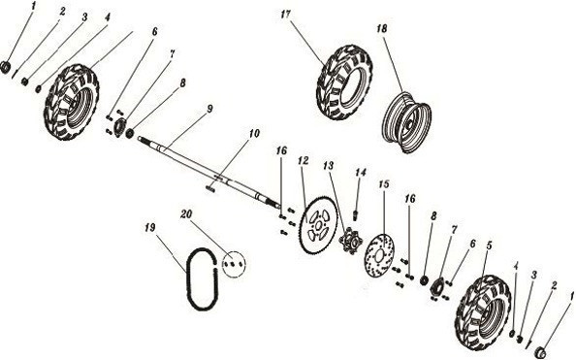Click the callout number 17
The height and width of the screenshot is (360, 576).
click(x=285, y=16)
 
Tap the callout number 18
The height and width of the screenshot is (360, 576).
click(x=382, y=30)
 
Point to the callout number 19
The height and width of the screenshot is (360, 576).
click(x=149, y=228)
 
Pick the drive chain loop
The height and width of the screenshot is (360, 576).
click(x=197, y=278)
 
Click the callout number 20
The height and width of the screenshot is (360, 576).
click(x=186, y=213)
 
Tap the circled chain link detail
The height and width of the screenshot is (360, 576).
click(x=232, y=261)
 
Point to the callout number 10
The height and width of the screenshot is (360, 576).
click(x=253, y=132)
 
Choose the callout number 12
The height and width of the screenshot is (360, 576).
click(x=303, y=161)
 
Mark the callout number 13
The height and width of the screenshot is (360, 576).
click(x=329, y=167)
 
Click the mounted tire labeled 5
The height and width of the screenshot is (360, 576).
click(x=481, y=310)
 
